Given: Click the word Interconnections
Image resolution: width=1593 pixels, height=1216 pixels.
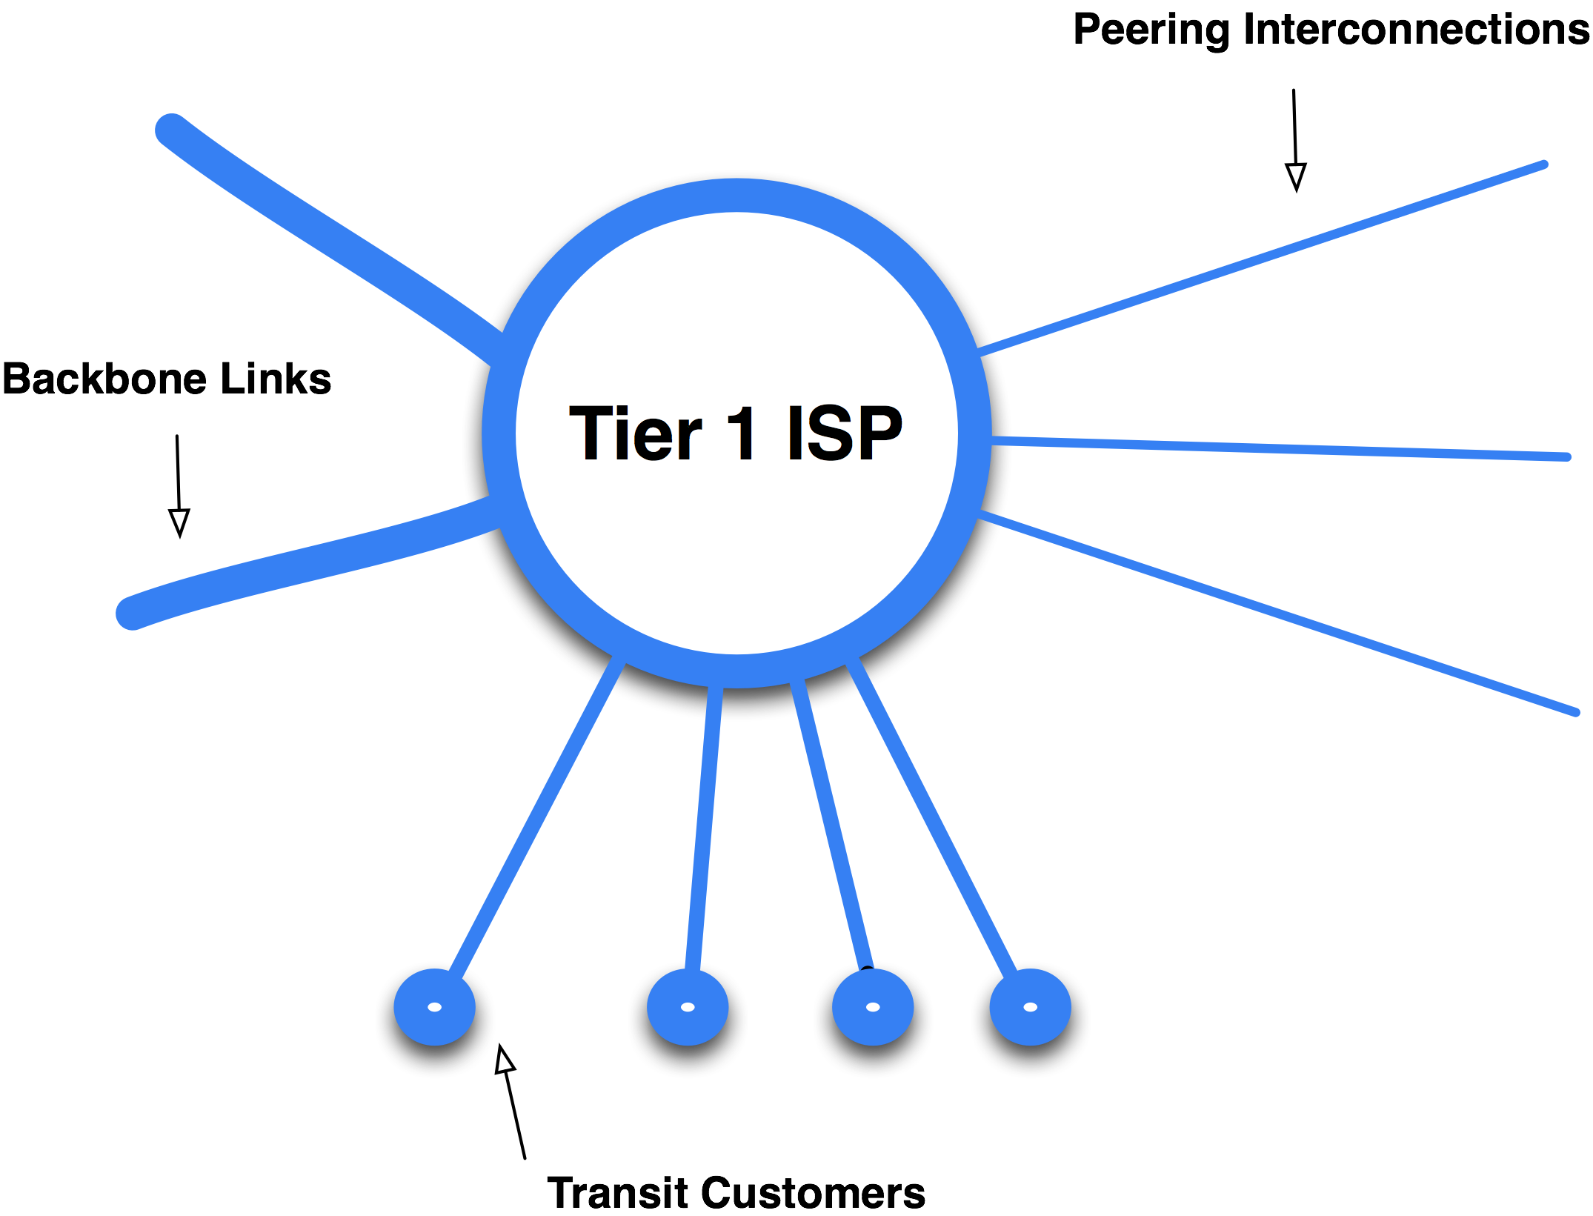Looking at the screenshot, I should [1416, 30].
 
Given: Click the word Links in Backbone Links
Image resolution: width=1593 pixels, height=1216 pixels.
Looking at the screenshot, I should [276, 379].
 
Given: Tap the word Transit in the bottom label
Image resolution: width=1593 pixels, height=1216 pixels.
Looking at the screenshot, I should [618, 1193].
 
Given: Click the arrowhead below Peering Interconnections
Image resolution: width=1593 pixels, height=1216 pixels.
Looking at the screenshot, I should [1296, 177].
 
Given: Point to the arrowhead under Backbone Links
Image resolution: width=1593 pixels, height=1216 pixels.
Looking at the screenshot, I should [179, 522].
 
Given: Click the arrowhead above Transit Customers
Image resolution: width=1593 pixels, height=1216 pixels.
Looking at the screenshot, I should [505, 1060].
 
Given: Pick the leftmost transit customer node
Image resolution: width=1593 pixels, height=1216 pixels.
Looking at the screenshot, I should [435, 1007].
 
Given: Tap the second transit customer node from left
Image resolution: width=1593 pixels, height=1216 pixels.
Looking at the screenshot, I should [688, 1007].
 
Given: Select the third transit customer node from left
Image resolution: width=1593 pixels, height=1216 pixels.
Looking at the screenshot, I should [873, 1007].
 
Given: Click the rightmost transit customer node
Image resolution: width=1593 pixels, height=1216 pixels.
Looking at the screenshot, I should [1030, 1007].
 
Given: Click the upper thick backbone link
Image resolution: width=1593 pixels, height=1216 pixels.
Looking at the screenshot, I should [326, 235].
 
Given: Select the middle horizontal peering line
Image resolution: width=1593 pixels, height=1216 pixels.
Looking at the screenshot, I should [1282, 449].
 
